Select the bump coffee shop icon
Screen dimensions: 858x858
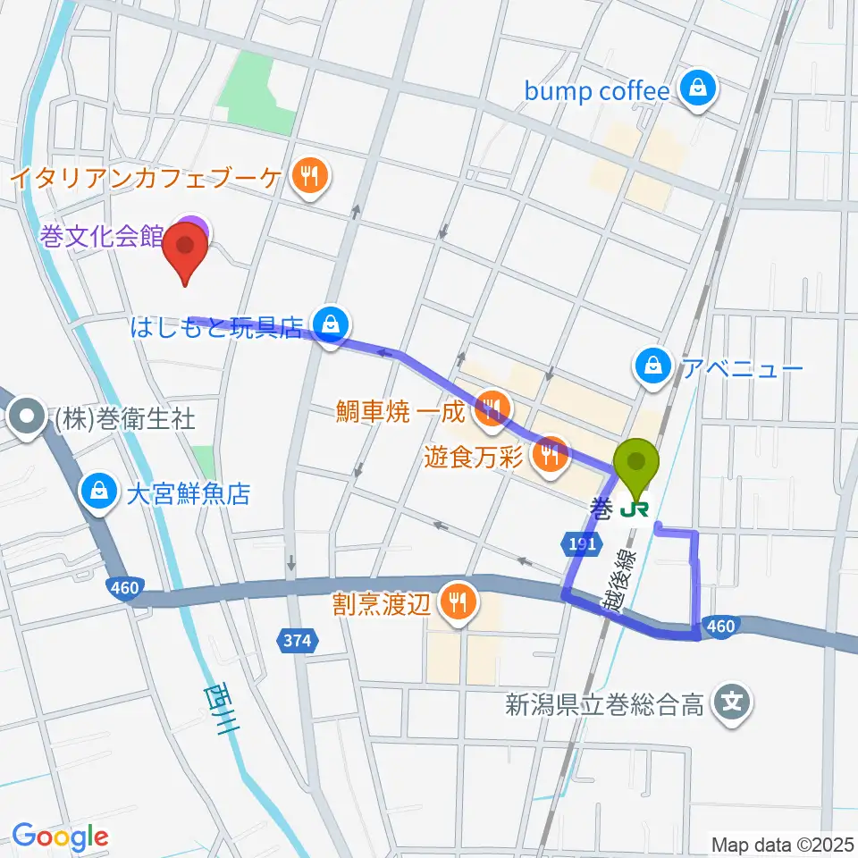(694, 89)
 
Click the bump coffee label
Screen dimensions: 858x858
(597, 91)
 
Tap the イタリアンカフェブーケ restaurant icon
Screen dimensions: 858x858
(308, 175)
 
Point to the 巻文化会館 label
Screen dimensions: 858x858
(101, 237)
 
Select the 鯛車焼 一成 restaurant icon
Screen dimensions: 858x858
(491, 410)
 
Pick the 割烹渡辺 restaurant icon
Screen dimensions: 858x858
(458, 605)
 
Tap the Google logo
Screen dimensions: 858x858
(61, 837)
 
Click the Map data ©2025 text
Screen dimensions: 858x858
(782, 844)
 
